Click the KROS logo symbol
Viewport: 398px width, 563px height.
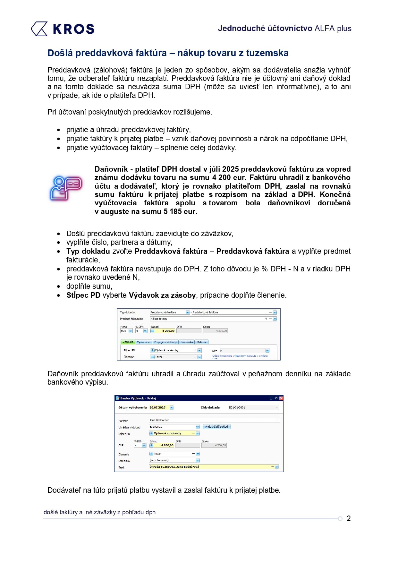click(x=39, y=29)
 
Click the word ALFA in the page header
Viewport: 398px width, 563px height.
click(x=325, y=29)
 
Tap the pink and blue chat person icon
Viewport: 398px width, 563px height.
click(x=66, y=188)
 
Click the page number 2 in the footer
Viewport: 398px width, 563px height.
click(x=349, y=518)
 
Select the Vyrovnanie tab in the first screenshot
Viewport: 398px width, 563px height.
click(x=144, y=342)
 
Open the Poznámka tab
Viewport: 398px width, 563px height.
click(x=186, y=342)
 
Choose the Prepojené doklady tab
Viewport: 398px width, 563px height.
click(x=165, y=342)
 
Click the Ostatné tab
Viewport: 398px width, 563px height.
click(x=202, y=342)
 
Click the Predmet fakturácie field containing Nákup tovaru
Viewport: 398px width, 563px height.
click(x=207, y=319)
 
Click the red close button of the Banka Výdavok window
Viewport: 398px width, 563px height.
click(x=281, y=398)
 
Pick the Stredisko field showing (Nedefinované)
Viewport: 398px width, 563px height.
click(x=172, y=460)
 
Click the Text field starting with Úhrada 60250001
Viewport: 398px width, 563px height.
click(x=210, y=467)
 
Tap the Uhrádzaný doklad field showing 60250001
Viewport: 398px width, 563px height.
click(x=172, y=427)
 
